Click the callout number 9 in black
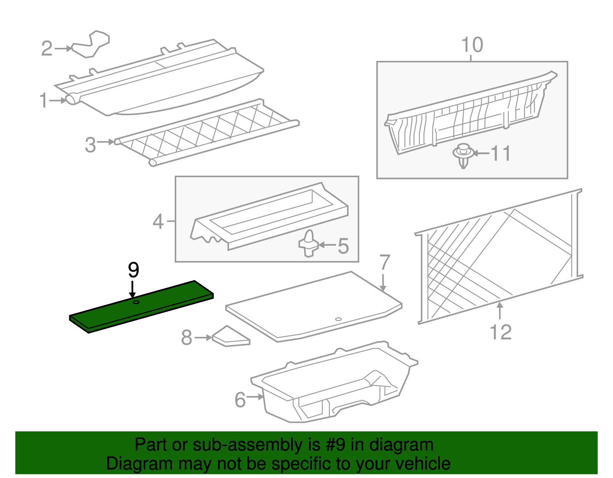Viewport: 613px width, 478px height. coord(133,271)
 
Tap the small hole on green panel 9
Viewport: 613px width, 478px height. coord(136,303)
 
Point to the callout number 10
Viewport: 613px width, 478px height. coord(472,45)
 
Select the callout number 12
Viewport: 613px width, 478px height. coord(501,332)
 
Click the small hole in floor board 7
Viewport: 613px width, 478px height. coord(338,319)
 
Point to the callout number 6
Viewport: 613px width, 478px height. coord(240,400)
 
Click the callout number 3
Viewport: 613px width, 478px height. coord(90,145)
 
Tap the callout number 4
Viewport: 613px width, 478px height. coord(158,222)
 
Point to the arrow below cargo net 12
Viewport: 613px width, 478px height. coord(500,310)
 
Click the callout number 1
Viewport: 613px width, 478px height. coord(44,101)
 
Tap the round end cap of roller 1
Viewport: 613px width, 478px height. coord(71,99)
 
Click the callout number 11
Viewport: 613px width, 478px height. coord(501,154)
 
